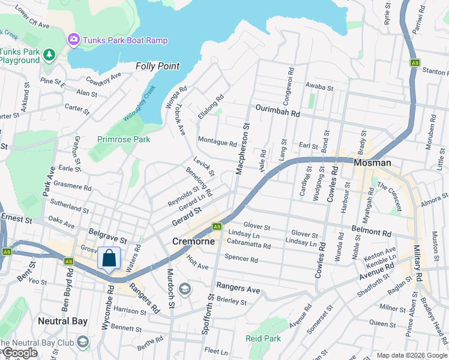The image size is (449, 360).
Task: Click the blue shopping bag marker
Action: (109, 259)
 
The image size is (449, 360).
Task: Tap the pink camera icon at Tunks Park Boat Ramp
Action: (73, 40)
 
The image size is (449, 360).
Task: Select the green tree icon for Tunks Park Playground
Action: (49, 55)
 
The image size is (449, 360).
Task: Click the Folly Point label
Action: (158, 66)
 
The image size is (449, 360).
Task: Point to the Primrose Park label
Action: (124, 139)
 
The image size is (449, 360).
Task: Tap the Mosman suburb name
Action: (372, 163)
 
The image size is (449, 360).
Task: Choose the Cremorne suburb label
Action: (193, 241)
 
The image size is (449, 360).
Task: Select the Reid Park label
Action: (264, 338)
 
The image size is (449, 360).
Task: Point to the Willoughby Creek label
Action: (139, 103)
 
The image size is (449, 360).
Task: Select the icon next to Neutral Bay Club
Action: (82, 342)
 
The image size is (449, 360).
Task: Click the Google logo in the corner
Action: (20, 353)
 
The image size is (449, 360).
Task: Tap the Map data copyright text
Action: (411, 355)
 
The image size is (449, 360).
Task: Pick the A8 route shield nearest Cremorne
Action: (217, 226)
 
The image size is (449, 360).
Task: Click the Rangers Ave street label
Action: (238, 289)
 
